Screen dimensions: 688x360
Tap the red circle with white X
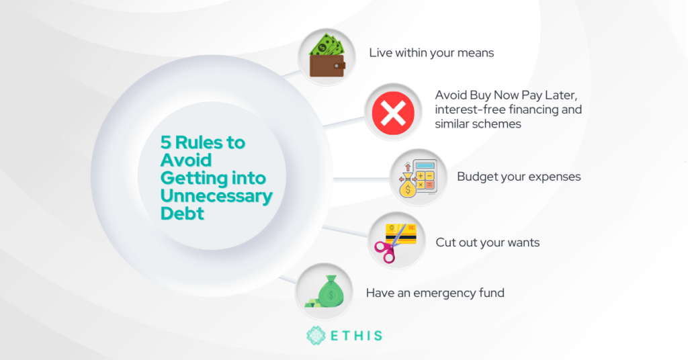(393, 113)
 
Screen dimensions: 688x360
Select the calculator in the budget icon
(424, 176)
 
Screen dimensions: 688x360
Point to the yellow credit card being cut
(400, 234)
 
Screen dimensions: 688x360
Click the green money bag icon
(331, 291)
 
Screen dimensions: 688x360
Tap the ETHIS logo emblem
(316, 335)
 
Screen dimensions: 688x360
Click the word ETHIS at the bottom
(356, 336)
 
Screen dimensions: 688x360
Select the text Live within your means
(431, 52)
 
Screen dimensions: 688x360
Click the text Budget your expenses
(519, 176)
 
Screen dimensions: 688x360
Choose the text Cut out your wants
(488, 242)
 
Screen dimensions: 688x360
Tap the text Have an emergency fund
(435, 292)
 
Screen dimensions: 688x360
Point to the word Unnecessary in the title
(216, 195)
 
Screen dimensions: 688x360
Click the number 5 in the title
(165, 142)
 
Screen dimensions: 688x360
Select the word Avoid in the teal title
(186, 160)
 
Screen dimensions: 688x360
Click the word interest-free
(470, 109)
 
